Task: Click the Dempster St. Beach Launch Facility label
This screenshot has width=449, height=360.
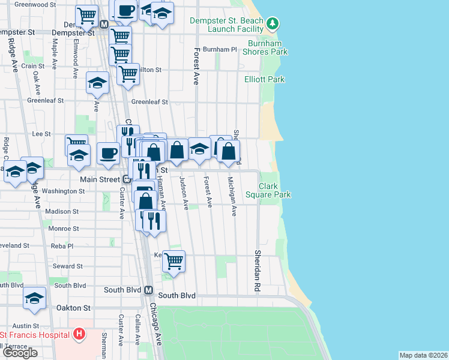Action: pos(226,25)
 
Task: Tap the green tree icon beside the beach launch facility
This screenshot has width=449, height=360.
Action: pos(273,24)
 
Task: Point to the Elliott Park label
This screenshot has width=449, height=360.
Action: pos(264,79)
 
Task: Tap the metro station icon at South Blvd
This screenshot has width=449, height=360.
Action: pos(148,290)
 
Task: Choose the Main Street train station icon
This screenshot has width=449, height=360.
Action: pos(127,179)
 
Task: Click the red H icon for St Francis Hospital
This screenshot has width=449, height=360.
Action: pos(79,334)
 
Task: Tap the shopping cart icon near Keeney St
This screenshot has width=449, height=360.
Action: pos(173,261)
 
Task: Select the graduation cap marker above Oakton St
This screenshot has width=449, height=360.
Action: pos(35,298)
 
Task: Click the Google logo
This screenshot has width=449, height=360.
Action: pos(20,353)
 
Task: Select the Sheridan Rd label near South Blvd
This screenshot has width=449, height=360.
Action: pos(257,263)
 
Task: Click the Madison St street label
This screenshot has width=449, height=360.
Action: pos(62,211)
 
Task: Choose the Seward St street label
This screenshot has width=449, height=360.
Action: pos(67,266)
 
